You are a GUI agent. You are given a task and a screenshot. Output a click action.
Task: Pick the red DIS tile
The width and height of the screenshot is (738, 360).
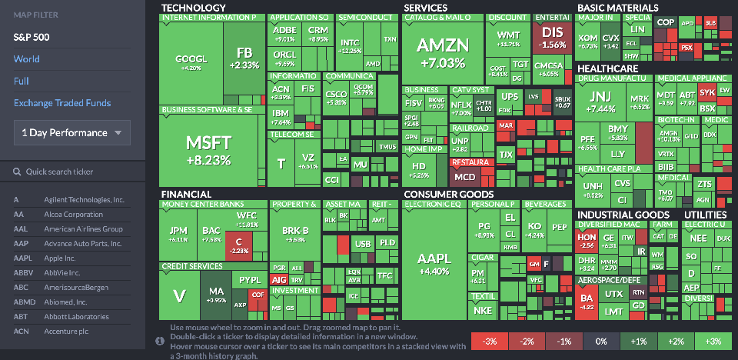tap(553, 37)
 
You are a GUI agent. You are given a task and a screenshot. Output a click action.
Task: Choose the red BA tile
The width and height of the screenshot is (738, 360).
tap(587, 300)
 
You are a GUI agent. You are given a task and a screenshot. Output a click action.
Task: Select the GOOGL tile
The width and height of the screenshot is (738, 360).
tap(191, 62)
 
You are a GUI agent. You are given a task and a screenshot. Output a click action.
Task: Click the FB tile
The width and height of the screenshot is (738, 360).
tap(244, 58)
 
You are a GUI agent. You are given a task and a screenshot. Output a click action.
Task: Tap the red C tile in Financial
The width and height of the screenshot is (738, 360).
tap(239, 245)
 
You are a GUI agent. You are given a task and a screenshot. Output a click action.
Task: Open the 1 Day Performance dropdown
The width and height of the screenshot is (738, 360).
tap(71, 132)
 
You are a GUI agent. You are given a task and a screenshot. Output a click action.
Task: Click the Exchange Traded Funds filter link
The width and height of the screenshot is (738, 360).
tap(61, 103)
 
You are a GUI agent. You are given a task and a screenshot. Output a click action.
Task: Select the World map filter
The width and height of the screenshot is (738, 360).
tap(26, 59)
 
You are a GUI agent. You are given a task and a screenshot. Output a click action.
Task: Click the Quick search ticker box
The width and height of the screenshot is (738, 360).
tap(73, 172)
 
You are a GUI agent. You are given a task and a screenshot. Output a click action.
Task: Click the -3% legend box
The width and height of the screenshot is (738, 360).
tap(489, 341)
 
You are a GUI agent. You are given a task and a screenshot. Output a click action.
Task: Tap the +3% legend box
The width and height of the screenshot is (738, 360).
tap(713, 341)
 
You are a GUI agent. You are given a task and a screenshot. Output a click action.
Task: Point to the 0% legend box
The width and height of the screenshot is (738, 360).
tap(601, 341)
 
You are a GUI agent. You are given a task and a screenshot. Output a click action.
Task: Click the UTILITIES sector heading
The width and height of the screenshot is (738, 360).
tap(705, 214)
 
